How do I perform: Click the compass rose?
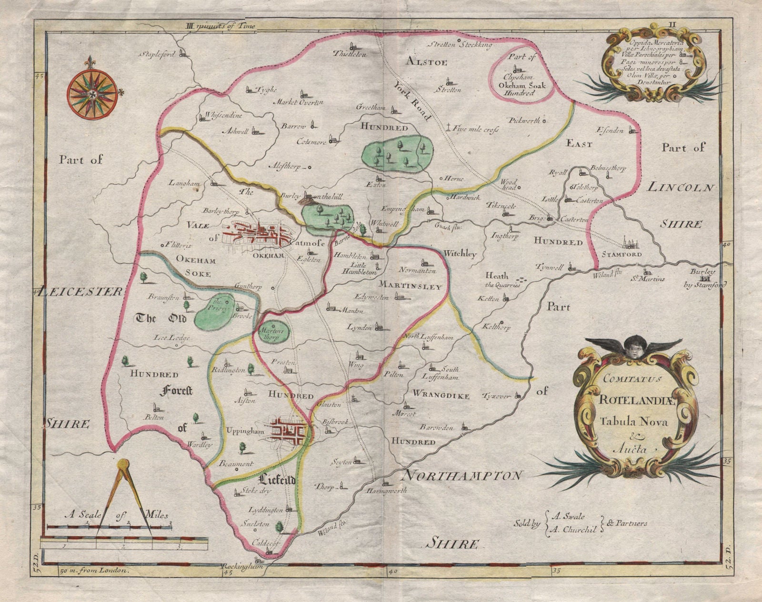[x=92, y=91]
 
